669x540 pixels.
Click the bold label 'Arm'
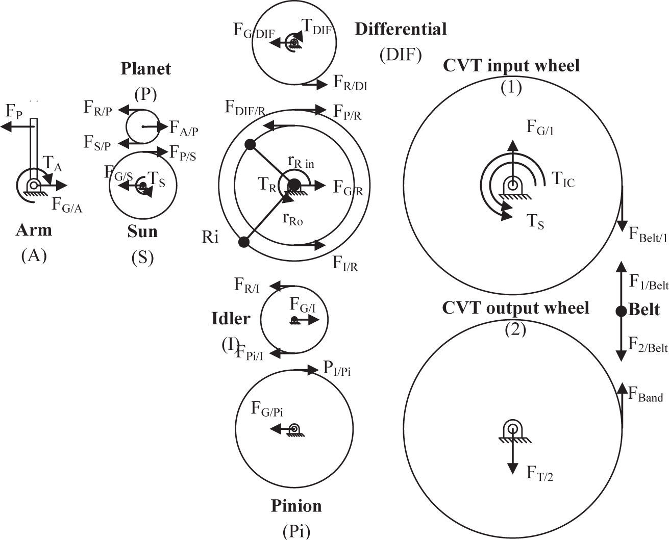pyautogui.click(x=34, y=230)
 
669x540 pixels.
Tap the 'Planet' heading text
pyautogui.click(x=145, y=69)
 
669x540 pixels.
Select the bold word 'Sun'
pyautogui.click(x=142, y=232)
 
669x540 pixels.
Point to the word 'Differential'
pyautogui.click(x=401, y=29)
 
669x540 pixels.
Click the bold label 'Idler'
pyautogui.click(x=231, y=319)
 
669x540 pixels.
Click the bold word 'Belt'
pyautogui.click(x=645, y=310)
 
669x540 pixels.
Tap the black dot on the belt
pyautogui.click(x=621, y=311)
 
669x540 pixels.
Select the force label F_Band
pyautogui.click(x=645, y=395)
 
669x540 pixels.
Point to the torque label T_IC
pyautogui.click(x=563, y=179)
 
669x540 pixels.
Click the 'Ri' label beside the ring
pyautogui.click(x=210, y=238)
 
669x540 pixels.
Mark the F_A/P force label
pyautogui.click(x=184, y=128)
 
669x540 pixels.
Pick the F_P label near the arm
pyautogui.click(x=13, y=112)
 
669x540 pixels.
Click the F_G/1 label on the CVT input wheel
pyautogui.click(x=540, y=128)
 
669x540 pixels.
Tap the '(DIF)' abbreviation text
pyautogui.click(x=401, y=55)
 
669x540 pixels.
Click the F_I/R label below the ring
pyautogui.click(x=345, y=263)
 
